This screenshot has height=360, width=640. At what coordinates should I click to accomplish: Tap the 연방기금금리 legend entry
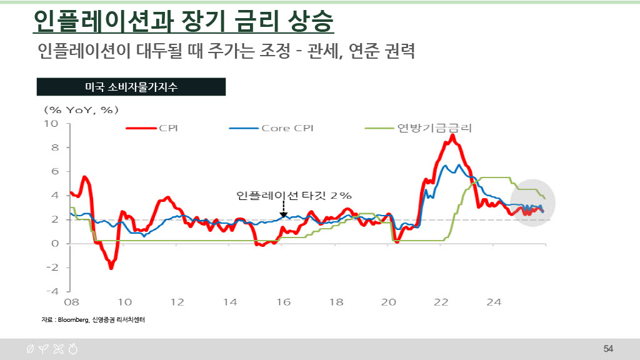pos(419,128)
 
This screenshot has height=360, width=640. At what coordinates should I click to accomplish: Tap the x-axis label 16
pos(284,302)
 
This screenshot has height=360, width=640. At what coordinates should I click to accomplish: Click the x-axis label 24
pos(494,302)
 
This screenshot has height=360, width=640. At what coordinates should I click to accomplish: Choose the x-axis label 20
pos(389,302)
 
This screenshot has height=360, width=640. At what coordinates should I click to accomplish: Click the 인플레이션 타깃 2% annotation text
pos(294,196)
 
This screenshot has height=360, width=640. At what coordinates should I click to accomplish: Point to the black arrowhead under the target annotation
pos(284,215)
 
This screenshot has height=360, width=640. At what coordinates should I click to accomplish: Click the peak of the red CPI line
pos(452,136)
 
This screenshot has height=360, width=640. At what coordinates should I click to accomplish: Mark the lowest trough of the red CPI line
pos(111,267)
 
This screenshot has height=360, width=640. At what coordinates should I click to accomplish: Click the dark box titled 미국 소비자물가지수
pos(131,87)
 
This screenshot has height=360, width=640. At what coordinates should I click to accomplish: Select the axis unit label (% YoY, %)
pos(81,110)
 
